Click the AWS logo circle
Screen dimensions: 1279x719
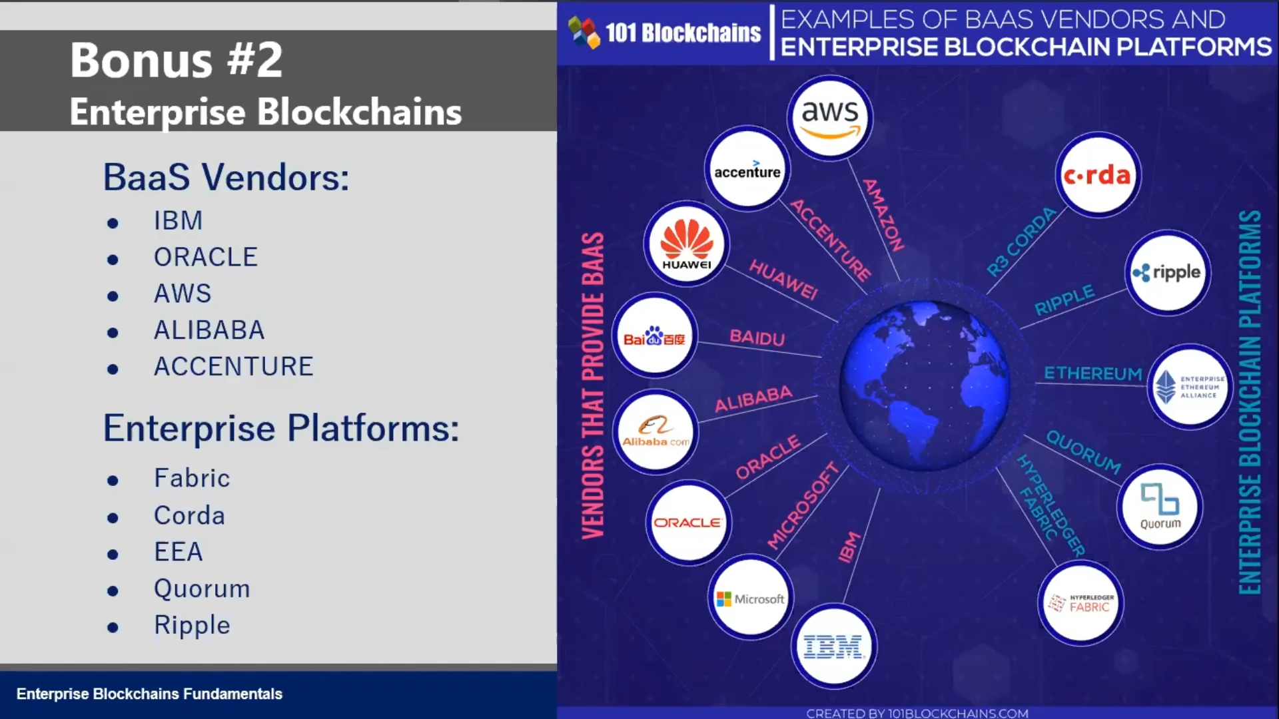coord(830,117)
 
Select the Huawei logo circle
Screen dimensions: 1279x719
coord(687,244)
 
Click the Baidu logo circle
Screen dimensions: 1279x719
coord(655,336)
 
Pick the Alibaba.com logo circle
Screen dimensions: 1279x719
coord(655,431)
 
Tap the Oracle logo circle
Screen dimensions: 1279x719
coord(688,523)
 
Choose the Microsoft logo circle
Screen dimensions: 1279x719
coord(750,597)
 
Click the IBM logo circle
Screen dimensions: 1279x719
coord(833,646)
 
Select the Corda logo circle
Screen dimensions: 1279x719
coord(1098,174)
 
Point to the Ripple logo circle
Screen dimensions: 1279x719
coord(1168,272)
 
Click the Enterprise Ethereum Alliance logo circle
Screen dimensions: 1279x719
coord(1190,386)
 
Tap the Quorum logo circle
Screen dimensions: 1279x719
coord(1160,506)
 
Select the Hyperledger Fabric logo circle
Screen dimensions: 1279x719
coord(1080,603)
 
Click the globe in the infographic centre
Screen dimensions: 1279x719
coord(925,385)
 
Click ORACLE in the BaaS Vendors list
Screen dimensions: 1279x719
coord(205,257)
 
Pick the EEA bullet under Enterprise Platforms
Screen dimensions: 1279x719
coord(178,552)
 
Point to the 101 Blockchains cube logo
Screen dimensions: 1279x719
coord(584,32)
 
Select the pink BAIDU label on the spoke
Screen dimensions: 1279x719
coord(757,338)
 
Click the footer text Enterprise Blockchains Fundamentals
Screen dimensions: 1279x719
coord(149,694)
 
